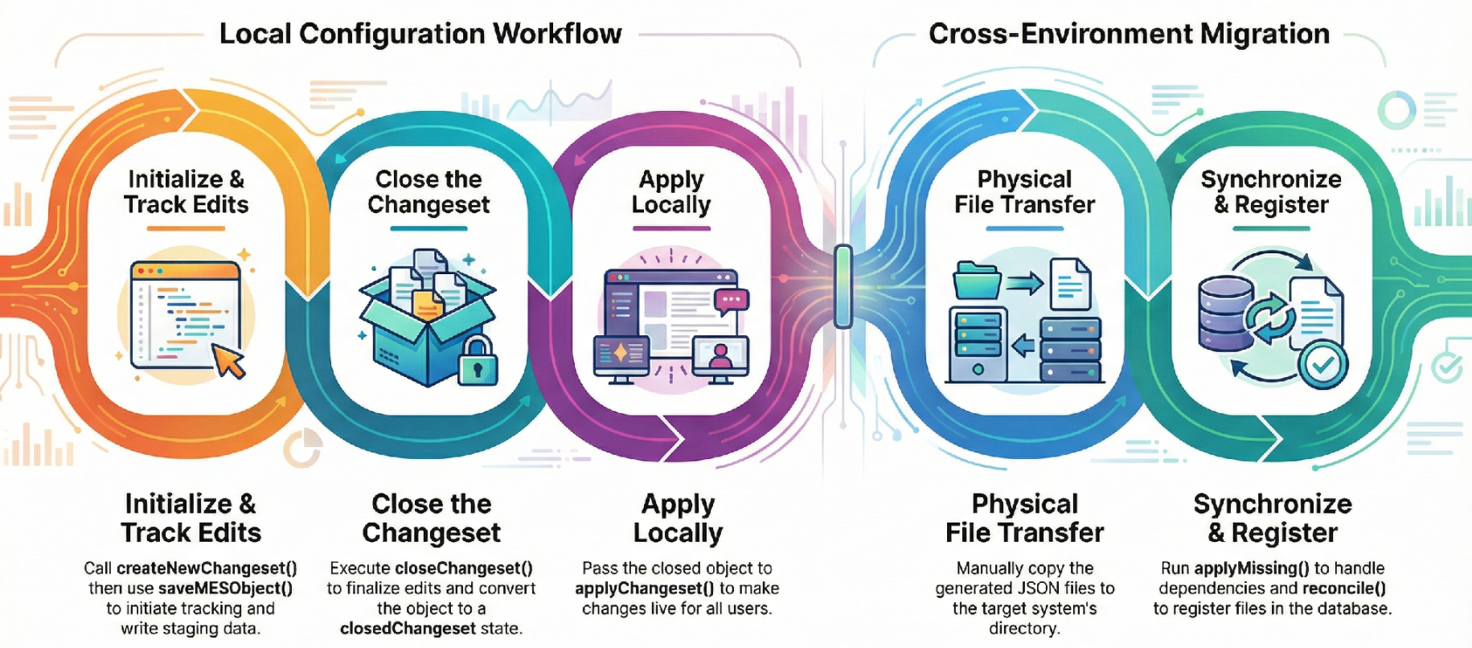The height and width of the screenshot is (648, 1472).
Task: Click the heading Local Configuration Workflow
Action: (420, 34)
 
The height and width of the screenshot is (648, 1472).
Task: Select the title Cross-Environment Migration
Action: (1129, 34)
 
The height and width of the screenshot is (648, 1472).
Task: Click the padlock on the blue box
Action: (478, 361)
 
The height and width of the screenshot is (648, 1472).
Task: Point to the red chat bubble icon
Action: (731, 301)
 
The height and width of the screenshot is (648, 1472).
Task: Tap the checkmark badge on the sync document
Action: (1324, 365)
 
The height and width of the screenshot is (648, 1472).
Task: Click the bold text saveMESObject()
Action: (225, 589)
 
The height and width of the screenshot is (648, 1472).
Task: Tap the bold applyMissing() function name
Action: (1252, 568)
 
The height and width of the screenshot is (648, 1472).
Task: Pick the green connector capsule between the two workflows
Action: (843, 287)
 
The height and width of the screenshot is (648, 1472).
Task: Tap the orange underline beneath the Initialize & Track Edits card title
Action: (186, 229)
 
